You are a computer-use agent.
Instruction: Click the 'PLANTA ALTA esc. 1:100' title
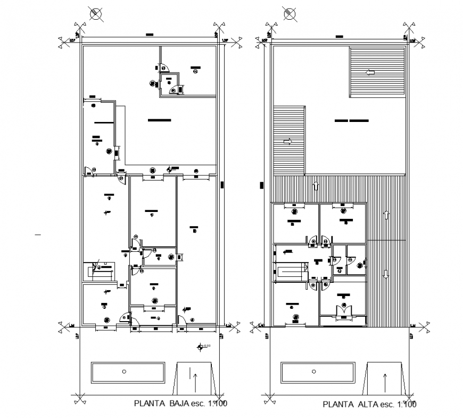[x=369, y=404]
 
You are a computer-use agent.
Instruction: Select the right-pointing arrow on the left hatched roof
[x=288, y=141]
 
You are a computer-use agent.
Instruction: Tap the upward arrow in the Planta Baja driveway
[x=195, y=381]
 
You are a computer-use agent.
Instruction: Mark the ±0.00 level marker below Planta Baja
[x=201, y=347]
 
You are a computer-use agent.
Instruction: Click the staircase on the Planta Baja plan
[x=100, y=270]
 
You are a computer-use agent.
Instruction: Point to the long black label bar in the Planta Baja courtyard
[x=160, y=120]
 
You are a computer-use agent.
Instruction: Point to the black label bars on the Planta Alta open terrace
[x=352, y=121]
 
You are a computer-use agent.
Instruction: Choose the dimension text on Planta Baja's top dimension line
[x=149, y=35]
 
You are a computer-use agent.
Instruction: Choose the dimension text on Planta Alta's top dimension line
[x=339, y=36]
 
